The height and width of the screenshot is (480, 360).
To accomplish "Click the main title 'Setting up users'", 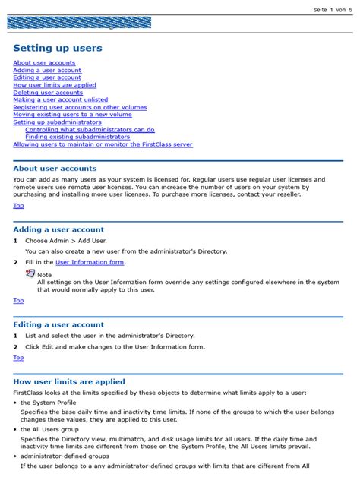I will tap(58, 48).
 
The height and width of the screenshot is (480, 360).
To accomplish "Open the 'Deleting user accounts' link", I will tap(48, 93).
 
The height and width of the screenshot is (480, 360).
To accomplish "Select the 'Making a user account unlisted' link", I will tap(60, 100).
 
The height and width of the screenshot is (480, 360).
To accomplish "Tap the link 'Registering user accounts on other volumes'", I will tap(80, 107).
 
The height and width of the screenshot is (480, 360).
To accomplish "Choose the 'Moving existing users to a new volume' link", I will tap(72, 115).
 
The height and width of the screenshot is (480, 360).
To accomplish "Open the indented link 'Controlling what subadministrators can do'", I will tap(90, 130).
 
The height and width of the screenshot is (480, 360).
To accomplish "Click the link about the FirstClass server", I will tap(103, 144).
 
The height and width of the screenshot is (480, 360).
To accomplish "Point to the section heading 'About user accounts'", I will tap(55, 169).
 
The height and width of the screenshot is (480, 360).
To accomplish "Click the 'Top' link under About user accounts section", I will tap(18, 206).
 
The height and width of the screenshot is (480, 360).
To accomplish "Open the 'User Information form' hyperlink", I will tap(90, 262).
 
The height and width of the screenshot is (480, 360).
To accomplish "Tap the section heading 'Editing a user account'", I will tap(58, 324).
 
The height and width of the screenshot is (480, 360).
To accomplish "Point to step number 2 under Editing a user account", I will tap(15, 346).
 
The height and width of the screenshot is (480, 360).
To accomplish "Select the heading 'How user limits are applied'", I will tap(69, 381).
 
